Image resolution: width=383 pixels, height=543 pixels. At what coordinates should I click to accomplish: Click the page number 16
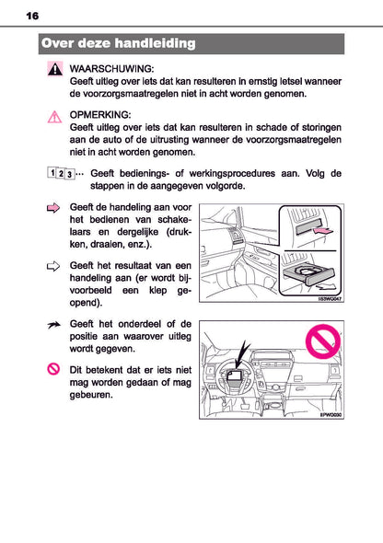pyautogui.click(x=32, y=17)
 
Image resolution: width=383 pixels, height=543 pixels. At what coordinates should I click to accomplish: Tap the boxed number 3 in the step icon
pyautogui.click(x=70, y=173)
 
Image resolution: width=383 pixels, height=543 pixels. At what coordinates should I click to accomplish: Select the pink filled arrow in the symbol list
pyautogui.click(x=54, y=209)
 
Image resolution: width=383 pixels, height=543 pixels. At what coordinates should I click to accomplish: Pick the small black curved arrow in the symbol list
pyautogui.click(x=54, y=325)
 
